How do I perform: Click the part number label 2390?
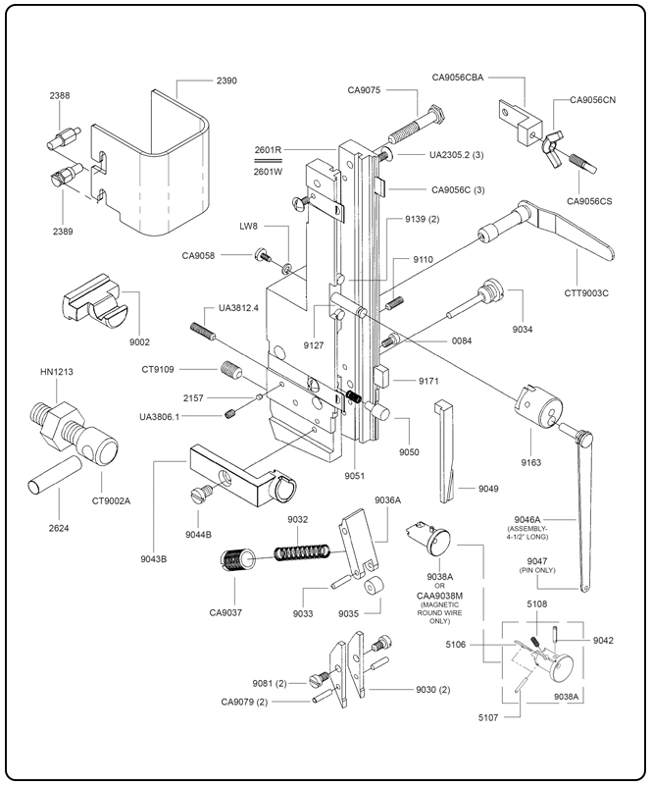(225, 80)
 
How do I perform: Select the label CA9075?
(365, 90)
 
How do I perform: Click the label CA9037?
(225, 613)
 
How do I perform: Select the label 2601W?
(268, 171)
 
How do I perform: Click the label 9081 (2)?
(268, 683)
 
